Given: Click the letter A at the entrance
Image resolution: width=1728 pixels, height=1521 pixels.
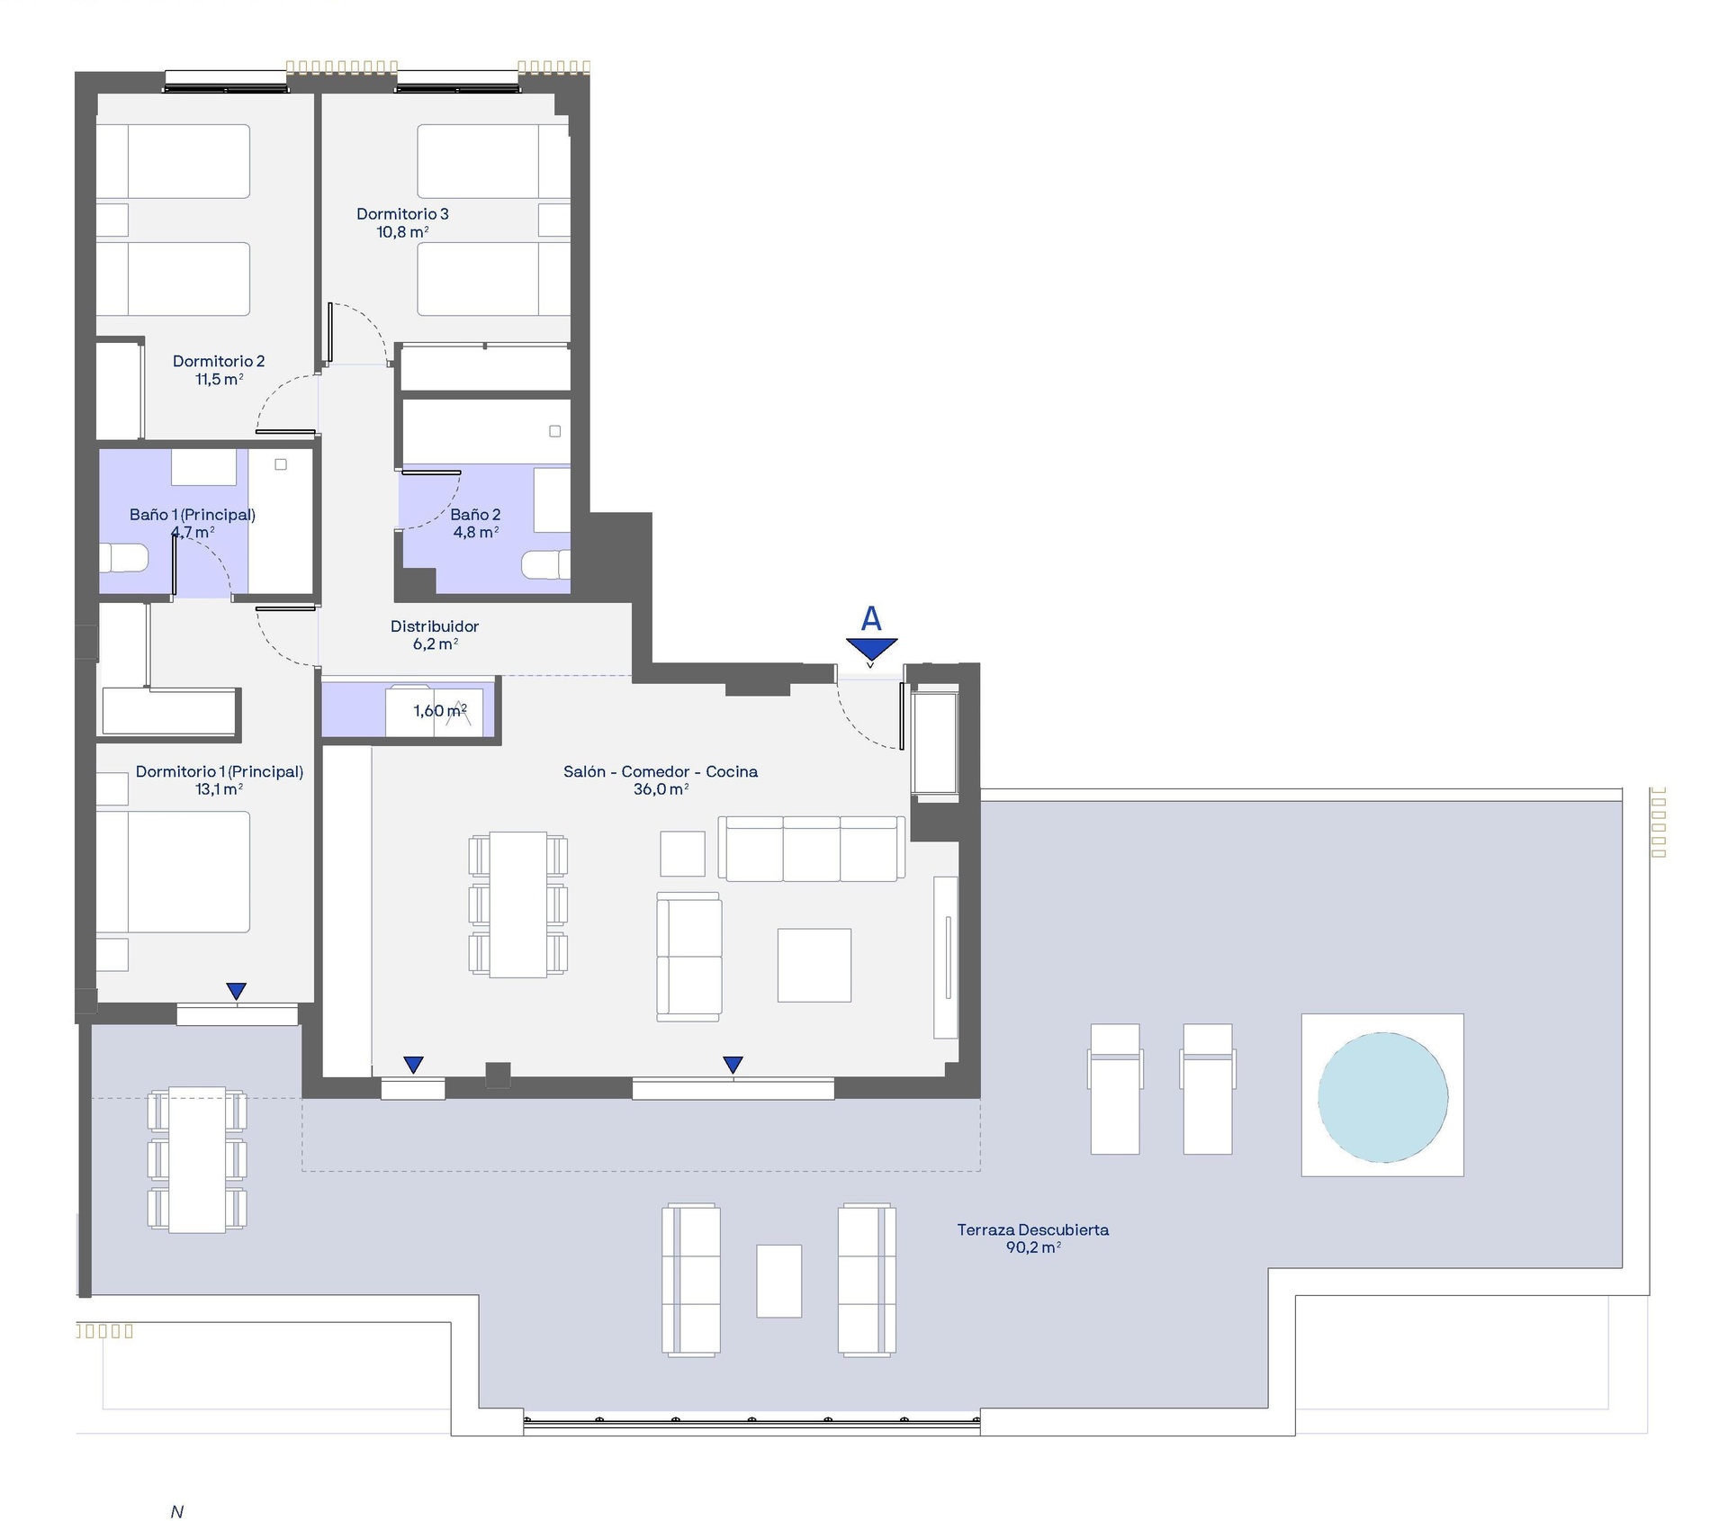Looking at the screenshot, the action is pyautogui.click(x=871, y=618).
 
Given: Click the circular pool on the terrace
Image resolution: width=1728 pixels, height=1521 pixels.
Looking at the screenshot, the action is pyautogui.click(x=1382, y=1097).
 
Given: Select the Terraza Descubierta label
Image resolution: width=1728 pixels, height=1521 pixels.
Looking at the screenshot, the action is pyautogui.click(x=1032, y=1229).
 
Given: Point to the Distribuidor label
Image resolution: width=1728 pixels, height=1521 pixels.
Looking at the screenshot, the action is pyautogui.click(x=435, y=626).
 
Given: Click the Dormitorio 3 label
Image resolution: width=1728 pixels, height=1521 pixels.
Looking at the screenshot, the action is pyautogui.click(x=402, y=214).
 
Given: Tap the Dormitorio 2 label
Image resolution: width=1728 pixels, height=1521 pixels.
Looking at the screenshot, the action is pyautogui.click(x=219, y=362).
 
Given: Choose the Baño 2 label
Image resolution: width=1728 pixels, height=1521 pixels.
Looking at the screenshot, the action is pyautogui.click(x=475, y=515).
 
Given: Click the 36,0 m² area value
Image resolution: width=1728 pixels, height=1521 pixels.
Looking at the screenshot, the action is pyautogui.click(x=661, y=789).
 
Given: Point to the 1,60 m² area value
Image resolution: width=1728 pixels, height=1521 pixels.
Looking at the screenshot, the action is pyautogui.click(x=440, y=711).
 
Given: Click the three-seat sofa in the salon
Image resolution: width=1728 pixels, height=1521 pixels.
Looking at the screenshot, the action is pyautogui.click(x=812, y=849).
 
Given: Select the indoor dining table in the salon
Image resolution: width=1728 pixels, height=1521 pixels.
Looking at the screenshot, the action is pyautogui.click(x=518, y=904).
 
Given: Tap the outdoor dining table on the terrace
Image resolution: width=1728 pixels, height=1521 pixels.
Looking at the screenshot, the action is pyautogui.click(x=197, y=1160).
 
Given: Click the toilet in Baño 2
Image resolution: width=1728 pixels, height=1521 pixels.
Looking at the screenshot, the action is pyautogui.click(x=545, y=565).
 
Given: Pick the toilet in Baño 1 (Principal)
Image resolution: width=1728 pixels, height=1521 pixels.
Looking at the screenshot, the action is pyautogui.click(x=123, y=558).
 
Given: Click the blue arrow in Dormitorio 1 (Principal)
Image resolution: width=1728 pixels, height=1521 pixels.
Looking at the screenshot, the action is pyautogui.click(x=237, y=991).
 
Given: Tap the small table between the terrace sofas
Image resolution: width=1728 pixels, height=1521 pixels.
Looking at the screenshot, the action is pyautogui.click(x=779, y=1281).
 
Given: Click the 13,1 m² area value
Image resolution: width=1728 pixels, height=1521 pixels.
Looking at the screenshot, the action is pyautogui.click(x=219, y=789).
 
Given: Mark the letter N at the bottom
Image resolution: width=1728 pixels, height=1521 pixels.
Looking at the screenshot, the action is pyautogui.click(x=177, y=1512).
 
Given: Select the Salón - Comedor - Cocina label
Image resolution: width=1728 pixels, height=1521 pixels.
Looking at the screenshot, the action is pyautogui.click(x=661, y=772).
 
